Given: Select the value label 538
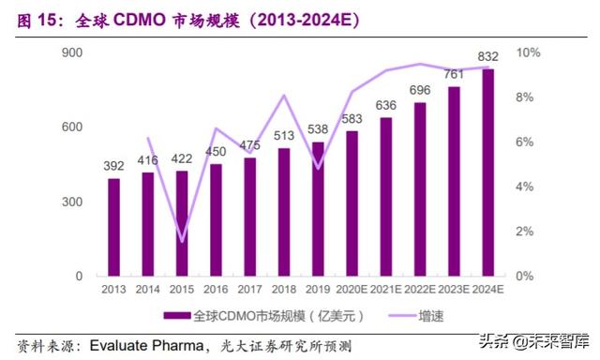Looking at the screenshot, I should (x=318, y=130).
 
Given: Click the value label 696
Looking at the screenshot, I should (x=419, y=90).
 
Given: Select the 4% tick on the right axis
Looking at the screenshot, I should (x=525, y=187).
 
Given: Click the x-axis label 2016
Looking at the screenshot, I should (x=216, y=290).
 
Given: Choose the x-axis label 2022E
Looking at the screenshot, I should (x=419, y=290).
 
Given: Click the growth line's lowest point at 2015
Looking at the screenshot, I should (x=182, y=241).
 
